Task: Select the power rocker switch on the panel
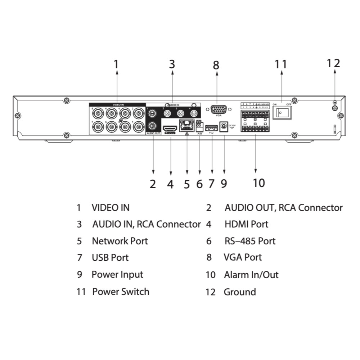pos(282,113)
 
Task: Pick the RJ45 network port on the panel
pos(186,126)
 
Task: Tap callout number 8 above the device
pos(216,65)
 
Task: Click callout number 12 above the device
pos(333,63)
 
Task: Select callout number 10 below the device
pos(258,183)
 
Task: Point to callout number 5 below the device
pos(186,184)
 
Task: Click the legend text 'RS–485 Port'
pos(250,241)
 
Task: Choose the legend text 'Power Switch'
pos(121,291)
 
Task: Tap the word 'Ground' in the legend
pos(240,292)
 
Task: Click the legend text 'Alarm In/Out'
pos(251,275)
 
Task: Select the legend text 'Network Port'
pos(120,241)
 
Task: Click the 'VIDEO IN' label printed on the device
pos(118,104)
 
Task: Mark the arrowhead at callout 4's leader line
pos(170,174)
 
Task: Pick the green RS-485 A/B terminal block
pos(199,125)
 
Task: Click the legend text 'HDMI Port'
pos(247,224)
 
